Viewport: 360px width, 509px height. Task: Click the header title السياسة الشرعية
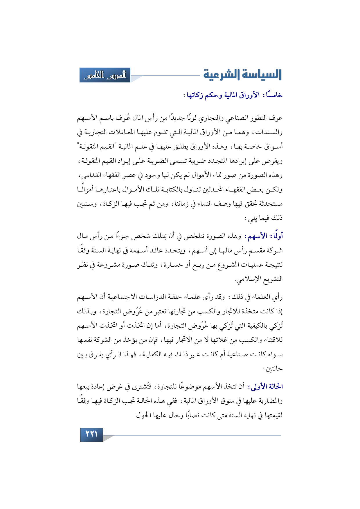pos(242,75)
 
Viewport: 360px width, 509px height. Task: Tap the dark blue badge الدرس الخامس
pos(105,75)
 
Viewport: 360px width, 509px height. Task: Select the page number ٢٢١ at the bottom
pos(91,434)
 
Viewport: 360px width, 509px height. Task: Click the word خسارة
pos(175,265)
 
